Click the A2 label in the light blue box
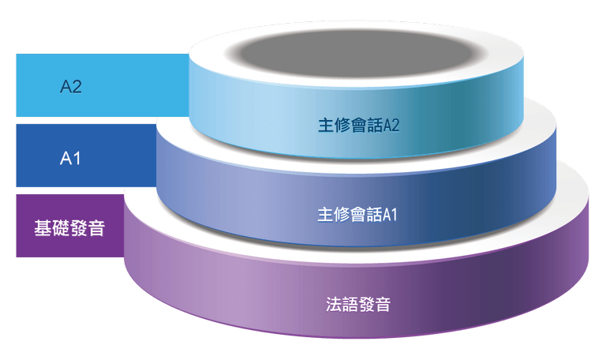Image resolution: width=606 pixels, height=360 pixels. coord(71,86)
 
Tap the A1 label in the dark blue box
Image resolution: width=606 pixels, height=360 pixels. coord(70,158)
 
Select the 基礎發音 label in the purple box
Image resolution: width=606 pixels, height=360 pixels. coord(69,227)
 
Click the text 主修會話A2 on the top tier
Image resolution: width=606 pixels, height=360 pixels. coord(359,126)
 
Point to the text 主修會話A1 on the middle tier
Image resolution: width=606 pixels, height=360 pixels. coord(357,215)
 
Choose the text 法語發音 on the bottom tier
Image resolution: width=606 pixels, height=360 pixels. coord(358,304)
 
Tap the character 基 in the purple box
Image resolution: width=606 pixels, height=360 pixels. coord(43,227)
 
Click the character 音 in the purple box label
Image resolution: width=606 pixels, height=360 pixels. coord(96,227)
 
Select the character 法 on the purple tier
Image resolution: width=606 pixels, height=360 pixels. coord(334,304)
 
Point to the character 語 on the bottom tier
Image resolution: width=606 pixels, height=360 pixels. coord(350,304)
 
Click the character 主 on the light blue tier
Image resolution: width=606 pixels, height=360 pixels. coord(326,126)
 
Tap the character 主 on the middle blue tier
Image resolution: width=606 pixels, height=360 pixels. coord(325,215)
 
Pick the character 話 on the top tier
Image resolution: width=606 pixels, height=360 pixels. coord(375,126)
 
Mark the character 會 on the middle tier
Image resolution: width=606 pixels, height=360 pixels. coord(358,215)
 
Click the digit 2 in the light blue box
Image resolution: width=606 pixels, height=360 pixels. coord(77,86)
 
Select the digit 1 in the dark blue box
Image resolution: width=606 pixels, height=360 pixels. coord(76,158)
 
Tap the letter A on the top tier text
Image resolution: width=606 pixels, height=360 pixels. coord(387,126)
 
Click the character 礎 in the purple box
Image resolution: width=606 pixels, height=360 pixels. coord(60,227)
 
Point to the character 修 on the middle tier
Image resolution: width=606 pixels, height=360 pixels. coord(342,215)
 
